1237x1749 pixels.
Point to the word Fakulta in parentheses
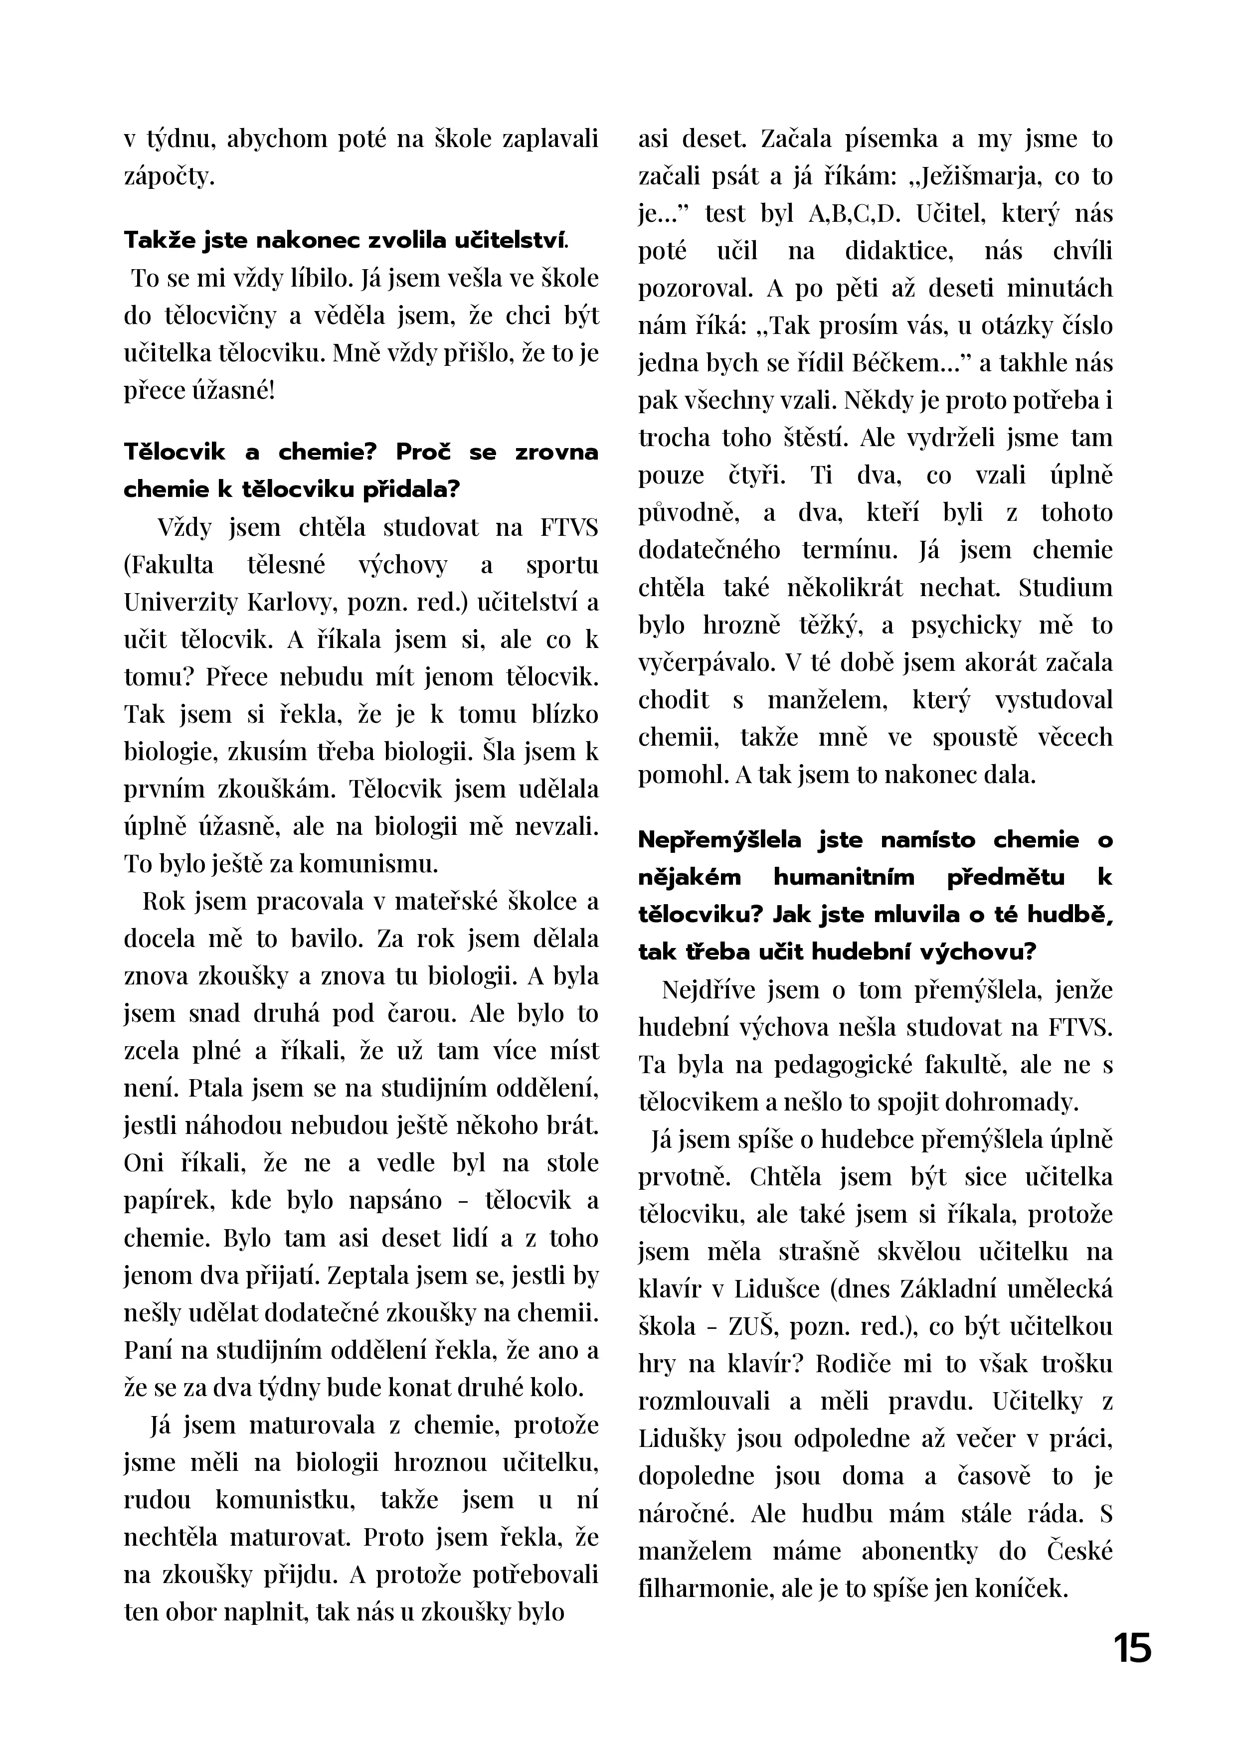coord(169,565)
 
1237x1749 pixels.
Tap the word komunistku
coord(287,1499)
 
